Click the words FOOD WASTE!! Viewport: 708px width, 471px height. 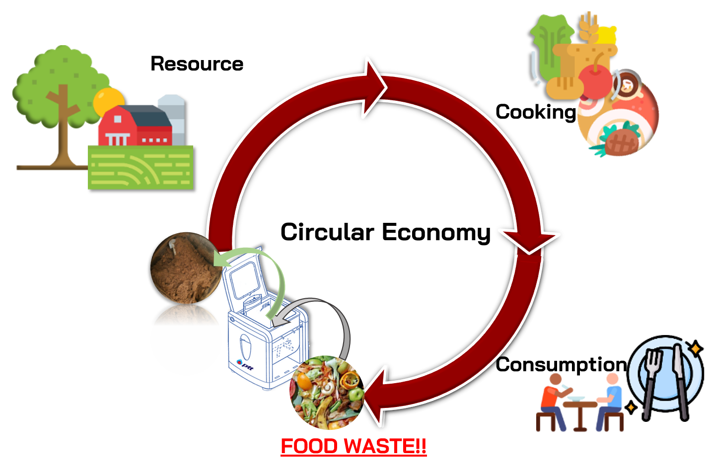[354, 446]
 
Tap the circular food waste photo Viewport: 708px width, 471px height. [327, 392]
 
